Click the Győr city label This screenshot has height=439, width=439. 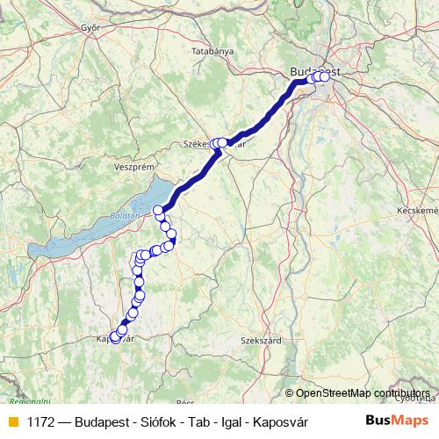coord(90,27)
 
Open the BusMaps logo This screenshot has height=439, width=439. coord(392,421)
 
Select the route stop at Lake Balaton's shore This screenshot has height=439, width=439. coord(159,210)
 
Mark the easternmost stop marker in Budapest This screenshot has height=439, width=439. coord(325,76)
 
